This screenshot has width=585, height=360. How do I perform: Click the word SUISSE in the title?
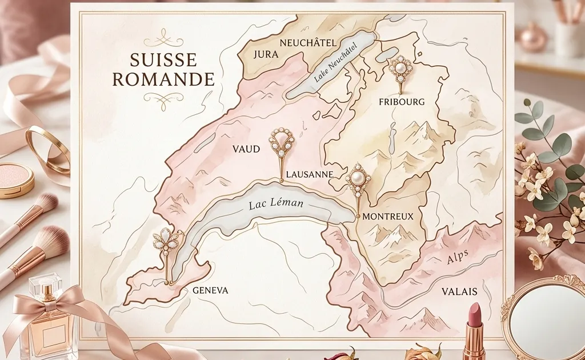point(163,59)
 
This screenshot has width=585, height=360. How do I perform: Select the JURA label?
point(264,55)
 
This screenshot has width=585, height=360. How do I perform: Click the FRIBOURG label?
point(402,102)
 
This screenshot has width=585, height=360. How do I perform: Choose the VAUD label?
point(246,149)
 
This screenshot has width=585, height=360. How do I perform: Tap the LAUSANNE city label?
point(308,174)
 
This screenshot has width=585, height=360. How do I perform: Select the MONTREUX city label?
point(388,217)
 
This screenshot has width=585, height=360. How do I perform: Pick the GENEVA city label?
point(210,290)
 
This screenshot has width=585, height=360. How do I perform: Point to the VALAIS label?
point(459,291)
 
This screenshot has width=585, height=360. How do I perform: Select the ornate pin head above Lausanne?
point(282,140)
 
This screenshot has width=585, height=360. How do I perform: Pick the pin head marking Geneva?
point(166,241)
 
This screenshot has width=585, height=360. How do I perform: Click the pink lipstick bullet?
point(474,314)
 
